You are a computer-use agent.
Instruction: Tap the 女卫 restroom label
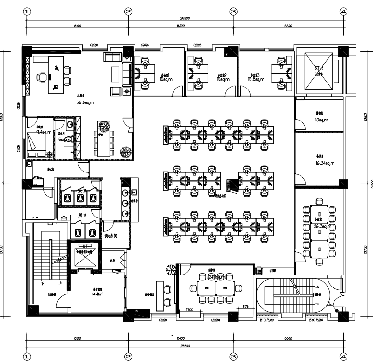point(83,191)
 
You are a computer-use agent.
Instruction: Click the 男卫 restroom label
point(83,216)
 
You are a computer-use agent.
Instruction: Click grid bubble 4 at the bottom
point(343,357)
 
